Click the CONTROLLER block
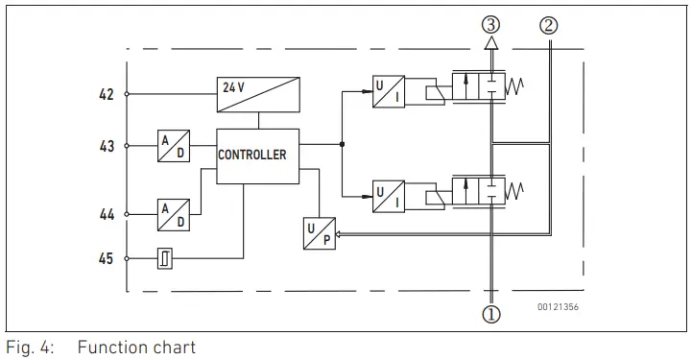tap(251, 155)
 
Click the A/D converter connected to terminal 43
tap(174, 146)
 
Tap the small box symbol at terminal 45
tap(164, 258)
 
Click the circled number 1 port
tap(491, 313)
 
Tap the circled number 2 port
tap(549, 26)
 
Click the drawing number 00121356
tap(558, 307)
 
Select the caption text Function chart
tap(136, 348)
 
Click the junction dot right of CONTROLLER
tap(343, 146)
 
